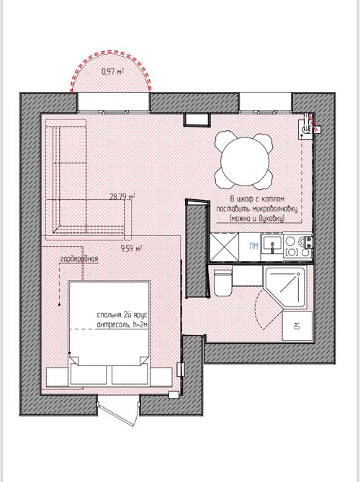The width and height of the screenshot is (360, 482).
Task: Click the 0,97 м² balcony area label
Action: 112,72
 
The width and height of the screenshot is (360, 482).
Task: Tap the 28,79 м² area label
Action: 122,196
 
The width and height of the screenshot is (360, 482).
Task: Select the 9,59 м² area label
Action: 131,248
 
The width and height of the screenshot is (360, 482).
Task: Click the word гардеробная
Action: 79,259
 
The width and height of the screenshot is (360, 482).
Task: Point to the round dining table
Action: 245,161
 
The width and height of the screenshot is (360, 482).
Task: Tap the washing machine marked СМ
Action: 297,326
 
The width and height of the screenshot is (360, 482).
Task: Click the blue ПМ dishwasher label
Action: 253,246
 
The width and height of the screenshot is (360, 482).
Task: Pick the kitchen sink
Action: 272,245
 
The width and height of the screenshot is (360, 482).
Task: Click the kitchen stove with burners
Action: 298,247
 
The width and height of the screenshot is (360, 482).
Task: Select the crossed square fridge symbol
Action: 225,247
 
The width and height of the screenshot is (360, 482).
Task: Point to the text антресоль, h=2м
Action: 122,324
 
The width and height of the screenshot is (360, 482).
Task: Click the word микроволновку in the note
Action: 274,209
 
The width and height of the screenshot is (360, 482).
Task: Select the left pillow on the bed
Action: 89,374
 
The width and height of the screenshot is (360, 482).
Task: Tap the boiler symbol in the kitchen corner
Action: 306,127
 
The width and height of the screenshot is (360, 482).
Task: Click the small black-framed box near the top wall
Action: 197,119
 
